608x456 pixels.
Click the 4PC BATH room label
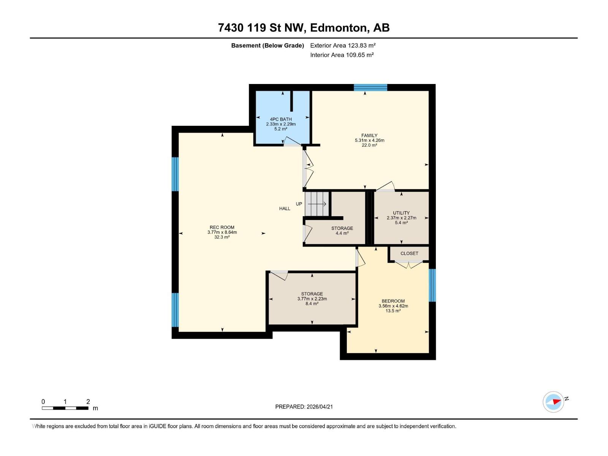(x=281, y=119)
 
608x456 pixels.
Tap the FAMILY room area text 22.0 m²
(x=369, y=145)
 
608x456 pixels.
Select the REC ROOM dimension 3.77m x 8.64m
(x=222, y=232)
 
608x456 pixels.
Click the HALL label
(x=285, y=209)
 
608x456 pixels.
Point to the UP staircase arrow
(x=317, y=204)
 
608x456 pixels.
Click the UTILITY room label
(x=401, y=213)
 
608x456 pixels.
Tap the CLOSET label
(x=409, y=253)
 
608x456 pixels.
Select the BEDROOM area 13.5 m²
(x=393, y=311)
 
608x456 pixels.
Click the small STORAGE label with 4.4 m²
(x=342, y=228)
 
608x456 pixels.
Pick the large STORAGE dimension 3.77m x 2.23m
(x=312, y=299)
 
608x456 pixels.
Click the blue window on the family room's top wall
(x=370, y=88)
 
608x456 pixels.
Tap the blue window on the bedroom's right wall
(x=432, y=285)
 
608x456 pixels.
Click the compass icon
(x=553, y=402)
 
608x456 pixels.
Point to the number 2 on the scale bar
(x=88, y=402)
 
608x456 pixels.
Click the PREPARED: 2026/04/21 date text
(x=304, y=407)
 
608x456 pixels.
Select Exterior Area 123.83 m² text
(x=343, y=46)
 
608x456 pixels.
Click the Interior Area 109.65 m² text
(x=342, y=55)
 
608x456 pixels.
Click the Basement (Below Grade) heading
(x=268, y=46)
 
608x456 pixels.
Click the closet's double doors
(x=408, y=264)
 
